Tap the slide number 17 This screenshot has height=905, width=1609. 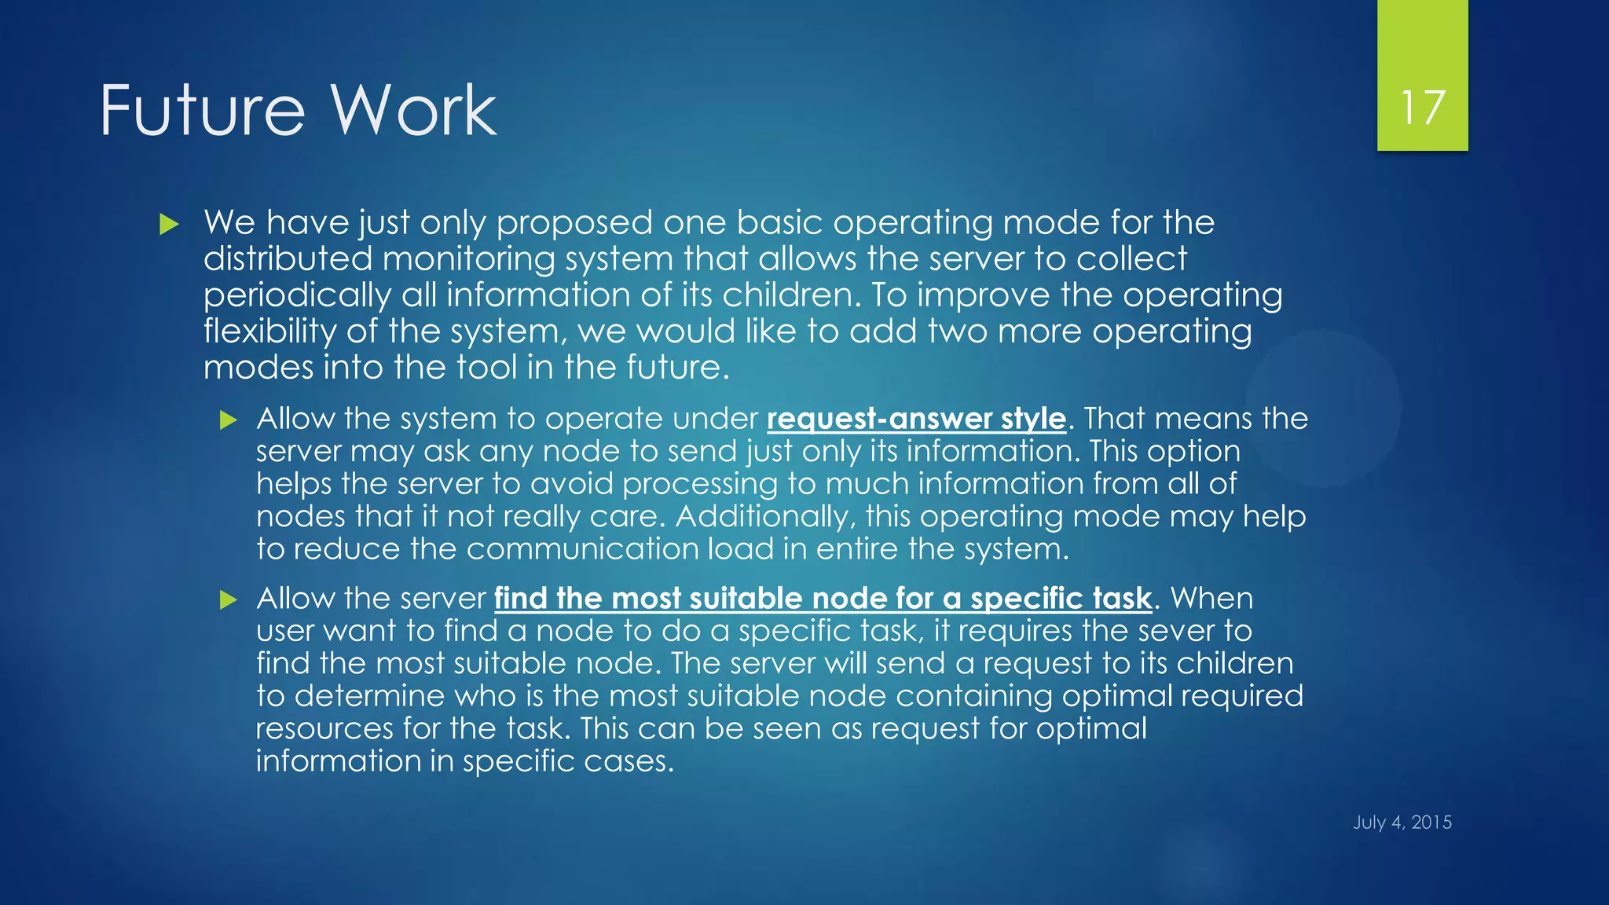[x=1422, y=108]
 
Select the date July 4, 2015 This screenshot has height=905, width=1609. [x=1402, y=823]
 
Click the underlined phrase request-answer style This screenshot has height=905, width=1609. [x=916, y=419]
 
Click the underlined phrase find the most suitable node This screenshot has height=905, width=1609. [x=823, y=599]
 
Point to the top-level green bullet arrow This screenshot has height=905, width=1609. [x=169, y=225]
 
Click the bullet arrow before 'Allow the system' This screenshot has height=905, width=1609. [x=228, y=420]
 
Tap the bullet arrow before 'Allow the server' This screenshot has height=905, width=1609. [x=228, y=600]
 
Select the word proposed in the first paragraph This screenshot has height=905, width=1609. [x=574, y=224]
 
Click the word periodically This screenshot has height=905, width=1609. [x=296, y=296]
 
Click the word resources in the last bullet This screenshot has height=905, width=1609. [x=324, y=729]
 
